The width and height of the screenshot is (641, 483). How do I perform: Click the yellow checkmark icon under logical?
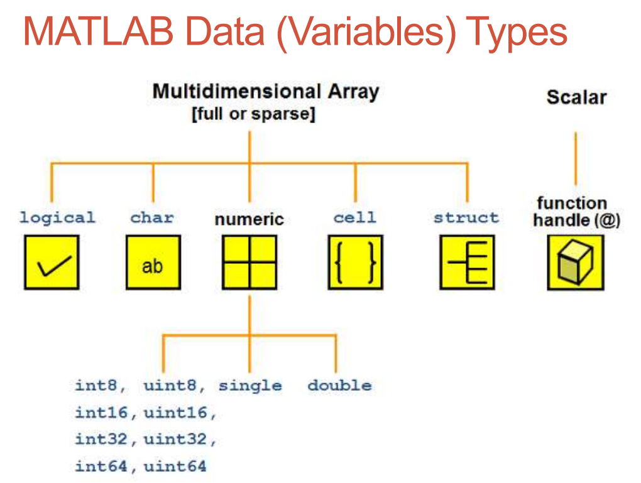(52, 262)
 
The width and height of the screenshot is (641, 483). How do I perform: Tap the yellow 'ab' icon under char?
(153, 262)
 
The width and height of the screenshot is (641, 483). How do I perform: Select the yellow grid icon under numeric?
(249, 262)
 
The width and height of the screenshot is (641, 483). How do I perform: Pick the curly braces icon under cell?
(355, 262)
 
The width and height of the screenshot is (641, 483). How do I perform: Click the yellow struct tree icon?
(467, 262)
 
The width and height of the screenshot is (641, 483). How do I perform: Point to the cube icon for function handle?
(575, 262)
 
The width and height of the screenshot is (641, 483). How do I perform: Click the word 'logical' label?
(57, 218)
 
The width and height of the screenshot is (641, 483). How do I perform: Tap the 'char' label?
(152, 218)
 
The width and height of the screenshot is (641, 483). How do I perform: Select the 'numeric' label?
(249, 219)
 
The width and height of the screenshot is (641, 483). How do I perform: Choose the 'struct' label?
(466, 218)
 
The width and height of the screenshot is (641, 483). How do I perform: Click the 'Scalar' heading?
(576, 97)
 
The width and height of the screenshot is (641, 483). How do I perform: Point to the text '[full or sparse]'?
(253, 116)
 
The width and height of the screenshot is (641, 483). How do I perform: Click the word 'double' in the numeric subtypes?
(339, 386)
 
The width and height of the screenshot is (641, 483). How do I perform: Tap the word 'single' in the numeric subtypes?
(250, 386)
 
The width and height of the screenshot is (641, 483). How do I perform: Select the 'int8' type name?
(96, 386)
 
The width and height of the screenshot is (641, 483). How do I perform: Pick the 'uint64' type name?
(175, 466)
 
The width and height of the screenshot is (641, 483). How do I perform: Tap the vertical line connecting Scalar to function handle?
(575, 158)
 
